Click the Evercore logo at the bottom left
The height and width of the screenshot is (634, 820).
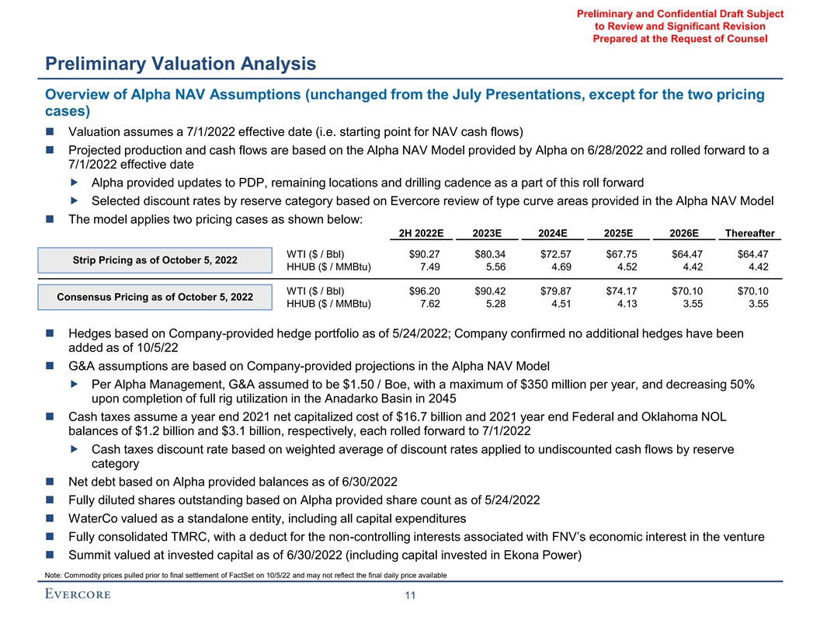[x=78, y=594]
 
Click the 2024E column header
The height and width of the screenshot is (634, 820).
[x=557, y=232]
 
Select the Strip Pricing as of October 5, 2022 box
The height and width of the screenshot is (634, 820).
[x=155, y=260]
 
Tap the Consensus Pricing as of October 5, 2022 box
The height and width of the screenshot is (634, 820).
[x=155, y=297]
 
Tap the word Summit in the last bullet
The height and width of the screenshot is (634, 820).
[x=92, y=555]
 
